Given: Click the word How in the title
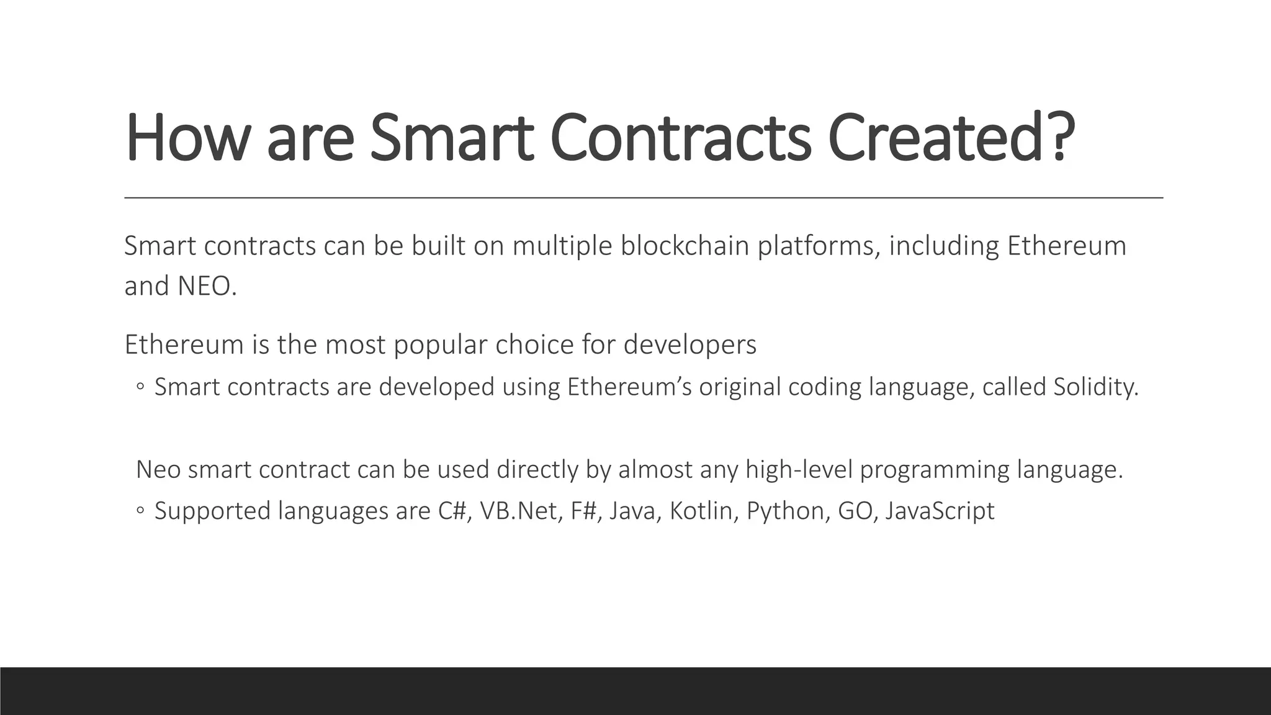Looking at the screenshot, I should (x=185, y=138).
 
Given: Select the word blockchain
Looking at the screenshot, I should (x=685, y=246).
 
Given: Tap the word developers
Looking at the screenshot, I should (x=689, y=345).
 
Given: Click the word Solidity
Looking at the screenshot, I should (x=1095, y=387).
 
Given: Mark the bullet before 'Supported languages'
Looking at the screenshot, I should (x=140, y=511).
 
